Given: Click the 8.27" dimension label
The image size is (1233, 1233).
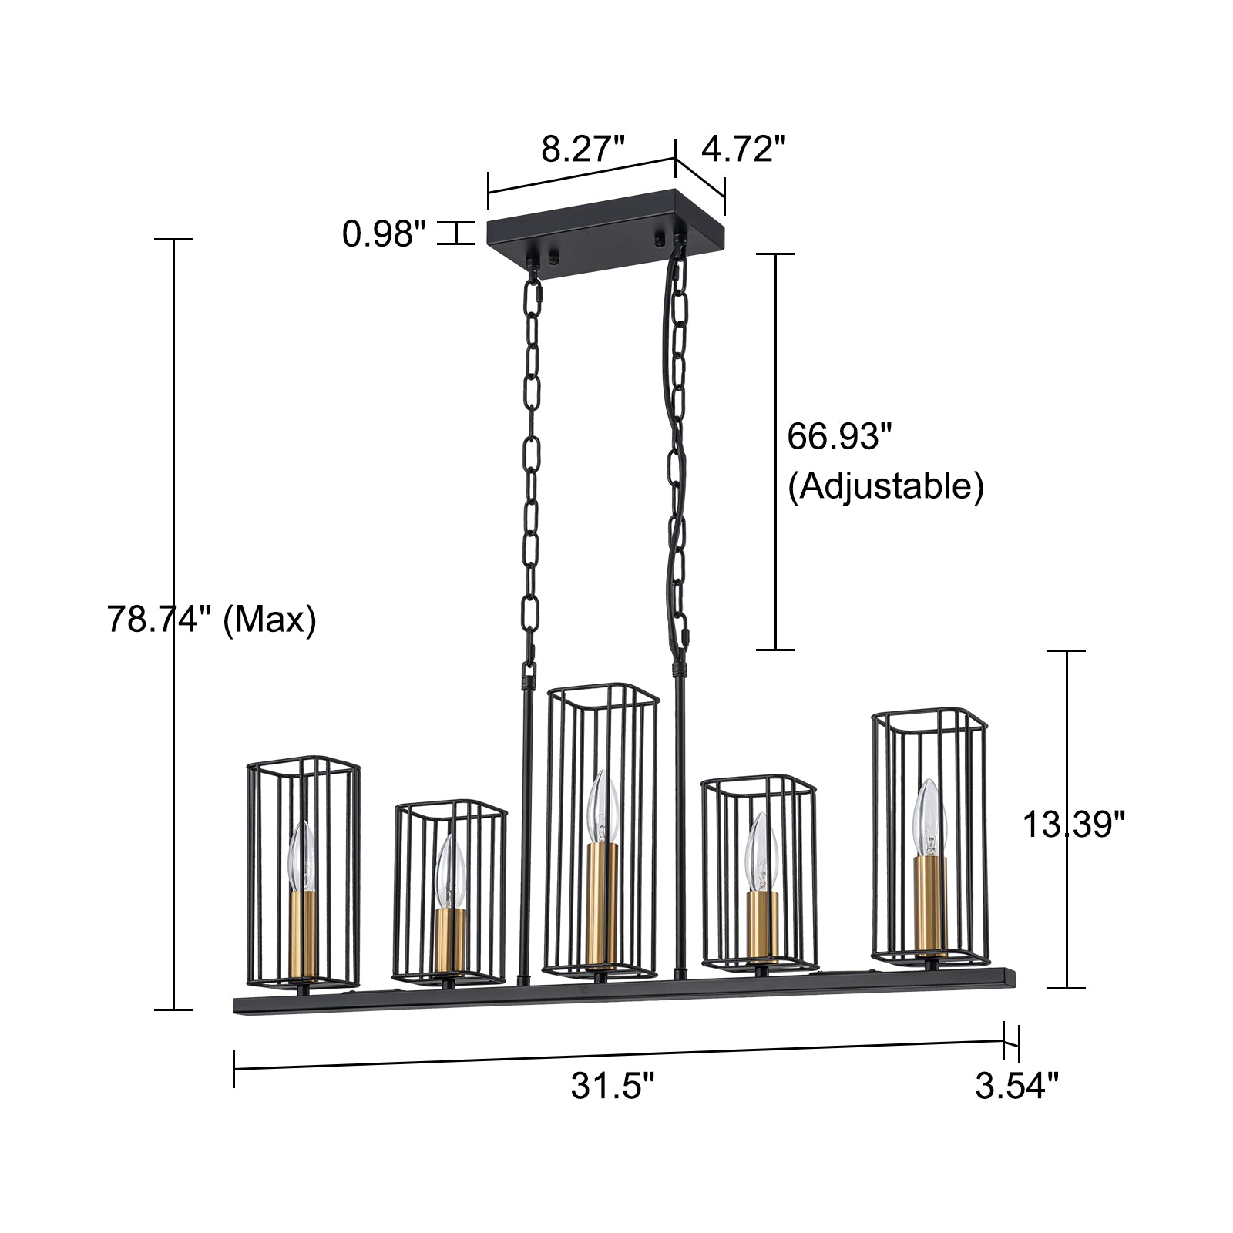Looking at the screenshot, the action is point(583,149).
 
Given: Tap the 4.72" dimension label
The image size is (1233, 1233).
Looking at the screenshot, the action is point(744,149).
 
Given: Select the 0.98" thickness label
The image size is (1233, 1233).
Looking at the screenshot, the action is point(385,233).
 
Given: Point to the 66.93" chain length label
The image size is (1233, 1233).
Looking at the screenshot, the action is point(839,437).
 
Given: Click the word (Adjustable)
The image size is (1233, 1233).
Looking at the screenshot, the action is point(885,486).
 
